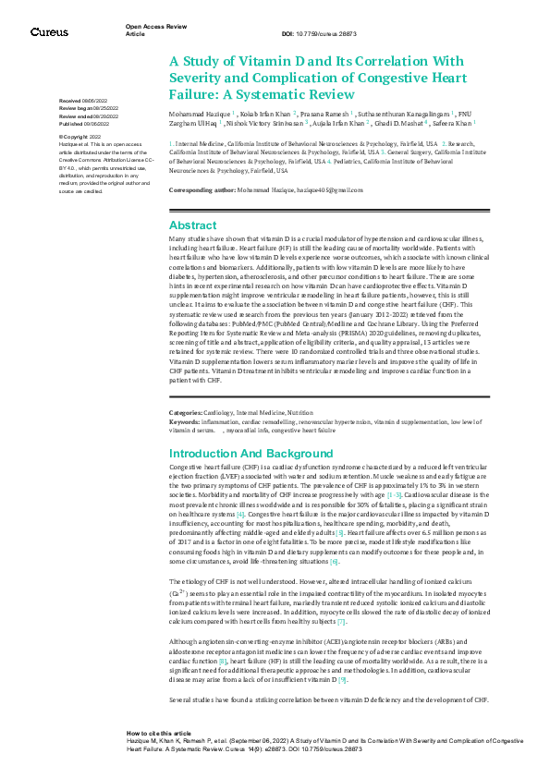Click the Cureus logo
pos(49,32)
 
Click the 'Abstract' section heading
pos(192,225)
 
